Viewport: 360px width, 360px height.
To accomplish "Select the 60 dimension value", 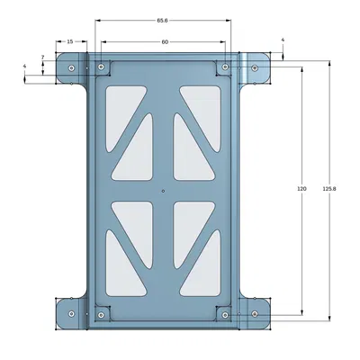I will pyautogui.click(x=165, y=42).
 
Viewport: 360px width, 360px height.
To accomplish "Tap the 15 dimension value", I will pyautogui.click(x=71, y=42).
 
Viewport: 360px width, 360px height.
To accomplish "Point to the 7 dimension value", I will pyautogui.click(x=42, y=58).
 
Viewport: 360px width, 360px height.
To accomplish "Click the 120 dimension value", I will pyautogui.click(x=301, y=189).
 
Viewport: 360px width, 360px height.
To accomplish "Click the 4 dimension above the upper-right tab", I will pyautogui.click(x=283, y=40).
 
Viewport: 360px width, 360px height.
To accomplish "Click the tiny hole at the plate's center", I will pyautogui.click(x=163, y=191).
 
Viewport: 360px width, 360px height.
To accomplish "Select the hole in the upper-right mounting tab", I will pyautogui.click(x=255, y=68).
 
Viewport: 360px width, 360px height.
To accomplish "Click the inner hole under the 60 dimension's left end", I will pyautogui.click(x=101, y=67).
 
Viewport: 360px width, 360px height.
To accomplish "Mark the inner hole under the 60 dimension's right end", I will pyautogui.click(x=225, y=67).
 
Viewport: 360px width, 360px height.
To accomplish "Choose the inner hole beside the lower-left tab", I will pyautogui.click(x=101, y=314).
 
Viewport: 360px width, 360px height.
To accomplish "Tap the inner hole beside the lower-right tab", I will pyautogui.click(x=225, y=314).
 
